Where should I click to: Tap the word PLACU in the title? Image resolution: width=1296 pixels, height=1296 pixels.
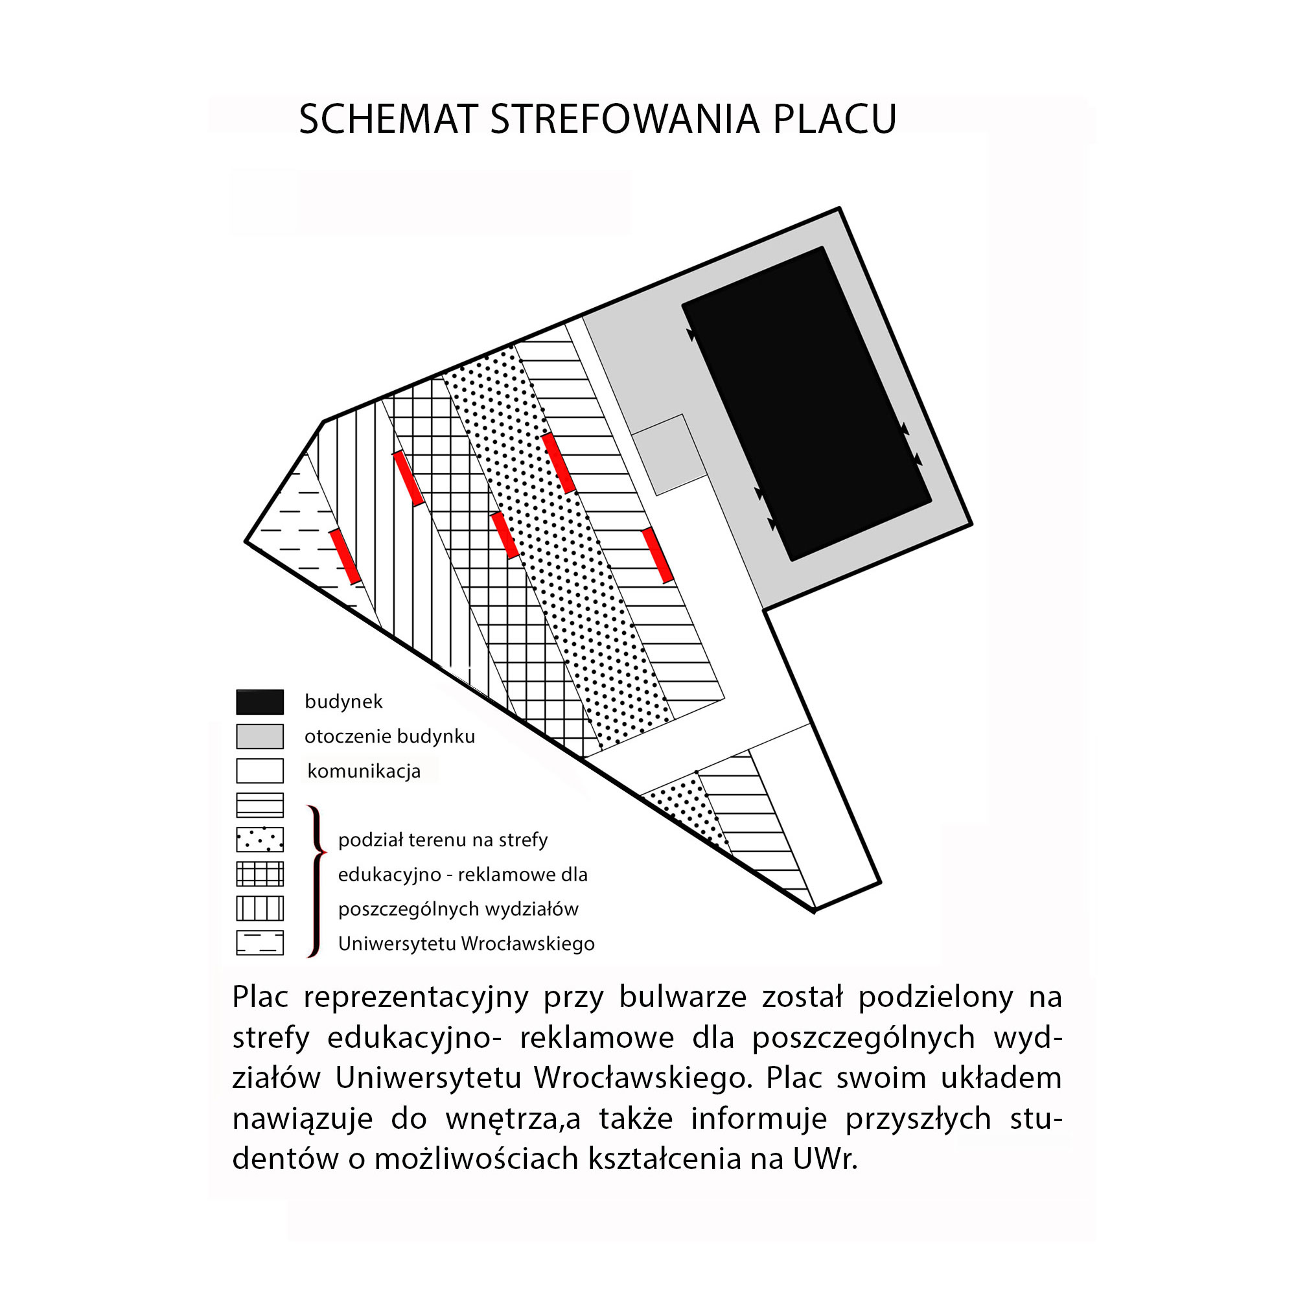coord(835,119)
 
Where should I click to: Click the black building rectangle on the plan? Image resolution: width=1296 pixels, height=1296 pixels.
coord(806,404)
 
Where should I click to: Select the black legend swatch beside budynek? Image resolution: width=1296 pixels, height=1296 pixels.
coord(260,702)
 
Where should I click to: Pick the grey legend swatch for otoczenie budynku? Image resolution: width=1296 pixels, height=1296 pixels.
coord(260,737)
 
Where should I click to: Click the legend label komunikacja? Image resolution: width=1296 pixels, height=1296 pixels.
coord(364,771)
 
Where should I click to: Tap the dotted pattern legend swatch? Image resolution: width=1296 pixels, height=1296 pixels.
coord(260,840)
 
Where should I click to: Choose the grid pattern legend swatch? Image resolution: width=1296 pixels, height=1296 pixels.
coord(260,874)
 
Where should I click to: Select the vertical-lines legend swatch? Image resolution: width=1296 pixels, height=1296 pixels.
coord(260,909)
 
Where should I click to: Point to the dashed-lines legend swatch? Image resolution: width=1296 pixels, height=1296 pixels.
coord(260,943)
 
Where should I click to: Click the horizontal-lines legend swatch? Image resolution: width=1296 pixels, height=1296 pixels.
coord(260,805)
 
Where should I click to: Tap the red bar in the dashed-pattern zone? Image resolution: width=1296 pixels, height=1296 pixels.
coord(345,556)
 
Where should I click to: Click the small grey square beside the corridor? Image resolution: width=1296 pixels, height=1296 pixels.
coord(669,455)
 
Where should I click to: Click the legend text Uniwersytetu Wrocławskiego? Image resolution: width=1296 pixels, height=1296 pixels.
coord(466,944)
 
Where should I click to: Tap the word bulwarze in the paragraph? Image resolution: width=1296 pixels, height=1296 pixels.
coord(683,997)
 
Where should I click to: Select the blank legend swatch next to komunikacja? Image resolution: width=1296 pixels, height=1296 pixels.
coord(260,770)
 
